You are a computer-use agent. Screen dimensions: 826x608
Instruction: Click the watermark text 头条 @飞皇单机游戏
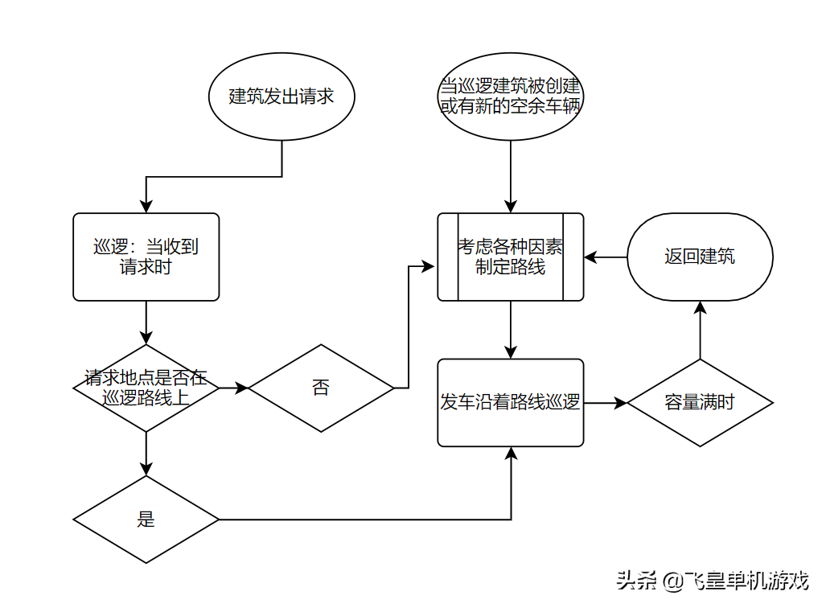point(713,581)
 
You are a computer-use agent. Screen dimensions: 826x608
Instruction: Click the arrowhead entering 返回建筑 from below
point(700,308)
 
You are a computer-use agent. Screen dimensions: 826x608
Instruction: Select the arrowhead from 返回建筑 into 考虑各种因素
point(590,257)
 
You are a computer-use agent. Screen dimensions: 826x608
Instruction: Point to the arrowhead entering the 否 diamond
point(241,388)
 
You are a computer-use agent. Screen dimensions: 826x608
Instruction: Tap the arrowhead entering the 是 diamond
point(146,469)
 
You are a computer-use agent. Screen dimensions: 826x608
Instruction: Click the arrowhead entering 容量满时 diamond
point(621,403)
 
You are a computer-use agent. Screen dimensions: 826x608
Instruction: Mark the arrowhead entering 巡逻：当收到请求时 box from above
point(146,207)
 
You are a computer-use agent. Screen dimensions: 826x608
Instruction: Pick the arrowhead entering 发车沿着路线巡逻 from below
point(511,454)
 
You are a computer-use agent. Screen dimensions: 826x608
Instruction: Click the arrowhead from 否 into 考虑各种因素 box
point(428,266)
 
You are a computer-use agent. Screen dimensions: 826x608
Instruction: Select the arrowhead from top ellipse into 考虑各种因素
point(511,207)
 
